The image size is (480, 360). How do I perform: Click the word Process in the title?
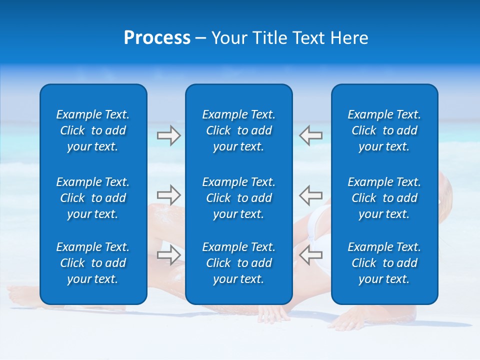pyautogui.click(x=157, y=38)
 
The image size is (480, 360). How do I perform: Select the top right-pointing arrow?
pyautogui.click(x=168, y=135)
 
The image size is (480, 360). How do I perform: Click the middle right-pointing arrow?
pyautogui.click(x=168, y=193)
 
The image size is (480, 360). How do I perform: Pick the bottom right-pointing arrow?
pyautogui.click(x=168, y=255)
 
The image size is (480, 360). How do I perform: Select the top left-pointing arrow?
pyautogui.click(x=311, y=135)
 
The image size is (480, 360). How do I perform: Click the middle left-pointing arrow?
pyautogui.click(x=311, y=193)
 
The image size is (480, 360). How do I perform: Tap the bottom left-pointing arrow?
pyautogui.click(x=311, y=255)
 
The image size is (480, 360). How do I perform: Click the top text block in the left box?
pyautogui.click(x=93, y=130)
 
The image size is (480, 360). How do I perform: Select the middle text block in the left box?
pyautogui.click(x=93, y=198)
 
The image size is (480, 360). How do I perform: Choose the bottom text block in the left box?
pyautogui.click(x=93, y=263)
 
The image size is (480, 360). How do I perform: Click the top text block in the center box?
pyautogui.click(x=238, y=130)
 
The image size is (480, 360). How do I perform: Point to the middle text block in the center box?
pyautogui.click(x=238, y=198)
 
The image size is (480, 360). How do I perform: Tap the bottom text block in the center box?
pyautogui.click(x=238, y=263)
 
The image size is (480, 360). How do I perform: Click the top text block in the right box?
pyautogui.click(x=384, y=130)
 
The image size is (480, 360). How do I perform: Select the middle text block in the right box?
pyautogui.click(x=384, y=198)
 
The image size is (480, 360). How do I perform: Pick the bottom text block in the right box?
pyautogui.click(x=384, y=263)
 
